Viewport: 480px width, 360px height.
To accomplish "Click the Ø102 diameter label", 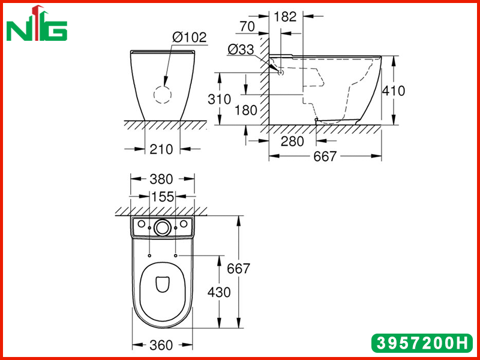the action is [x=190, y=37].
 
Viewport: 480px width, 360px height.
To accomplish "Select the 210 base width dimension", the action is [x=161, y=149].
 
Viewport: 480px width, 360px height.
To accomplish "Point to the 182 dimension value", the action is [x=285, y=17].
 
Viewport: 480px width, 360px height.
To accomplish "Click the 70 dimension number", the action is [x=247, y=26].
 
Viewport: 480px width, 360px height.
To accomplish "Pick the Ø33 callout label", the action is [x=241, y=49].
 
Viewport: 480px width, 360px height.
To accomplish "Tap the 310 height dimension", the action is [x=219, y=100].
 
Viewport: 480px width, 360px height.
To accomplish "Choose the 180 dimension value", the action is [x=246, y=110].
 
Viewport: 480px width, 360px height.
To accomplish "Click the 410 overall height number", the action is [x=394, y=91].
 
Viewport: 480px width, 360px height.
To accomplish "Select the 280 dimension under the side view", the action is [x=292, y=142].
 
